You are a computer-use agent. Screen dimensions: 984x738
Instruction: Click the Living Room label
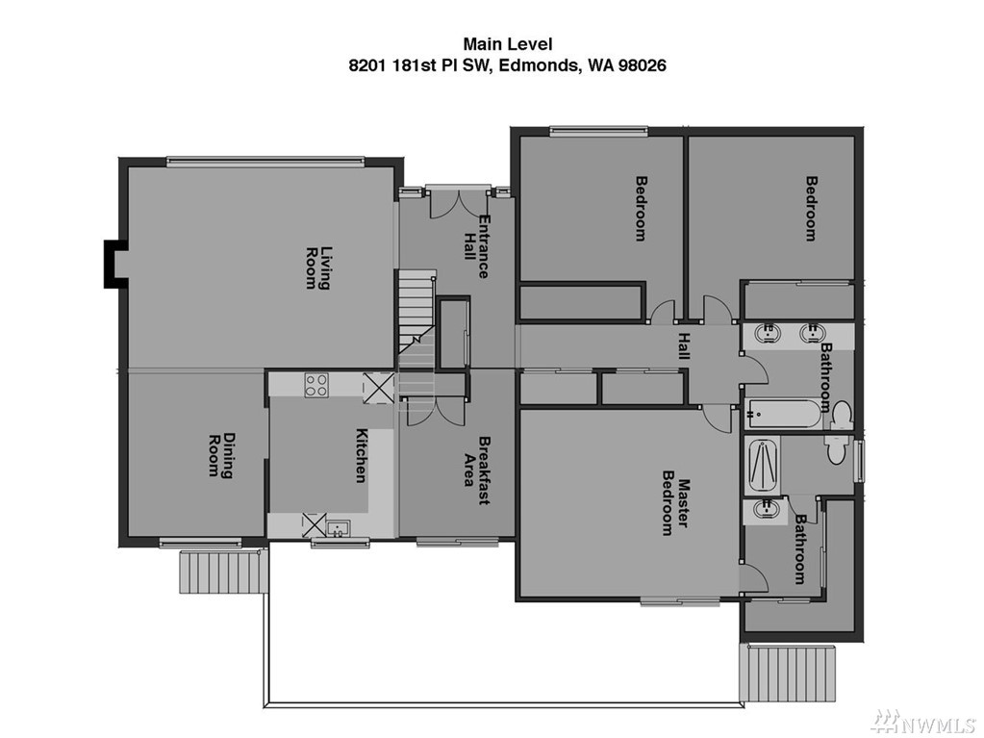[x=316, y=267]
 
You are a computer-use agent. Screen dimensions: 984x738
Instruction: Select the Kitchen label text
[x=362, y=456]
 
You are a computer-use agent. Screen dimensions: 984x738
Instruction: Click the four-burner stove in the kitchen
[x=315, y=385]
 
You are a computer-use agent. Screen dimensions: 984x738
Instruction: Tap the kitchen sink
[x=339, y=528]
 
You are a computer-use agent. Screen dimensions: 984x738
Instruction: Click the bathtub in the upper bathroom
[x=783, y=414]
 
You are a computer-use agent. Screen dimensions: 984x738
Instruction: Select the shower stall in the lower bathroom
[x=762, y=467]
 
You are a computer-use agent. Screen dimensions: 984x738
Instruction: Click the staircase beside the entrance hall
[x=415, y=319]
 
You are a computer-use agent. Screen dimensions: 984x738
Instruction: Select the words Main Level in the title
[x=508, y=44]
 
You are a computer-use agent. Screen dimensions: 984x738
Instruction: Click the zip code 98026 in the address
[x=642, y=64]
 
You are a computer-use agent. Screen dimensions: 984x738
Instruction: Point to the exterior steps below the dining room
[x=219, y=572]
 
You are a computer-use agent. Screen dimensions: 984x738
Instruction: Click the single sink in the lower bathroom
[x=765, y=510]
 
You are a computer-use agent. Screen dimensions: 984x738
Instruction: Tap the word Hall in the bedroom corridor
[x=683, y=345]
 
